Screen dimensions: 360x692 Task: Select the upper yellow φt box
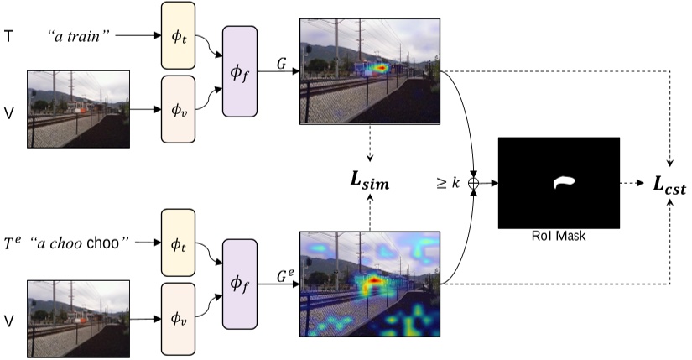177,37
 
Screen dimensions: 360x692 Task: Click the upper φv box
177,108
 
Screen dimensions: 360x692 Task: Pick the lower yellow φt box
177,243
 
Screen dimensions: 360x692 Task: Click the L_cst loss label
669,188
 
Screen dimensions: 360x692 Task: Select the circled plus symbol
476,182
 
